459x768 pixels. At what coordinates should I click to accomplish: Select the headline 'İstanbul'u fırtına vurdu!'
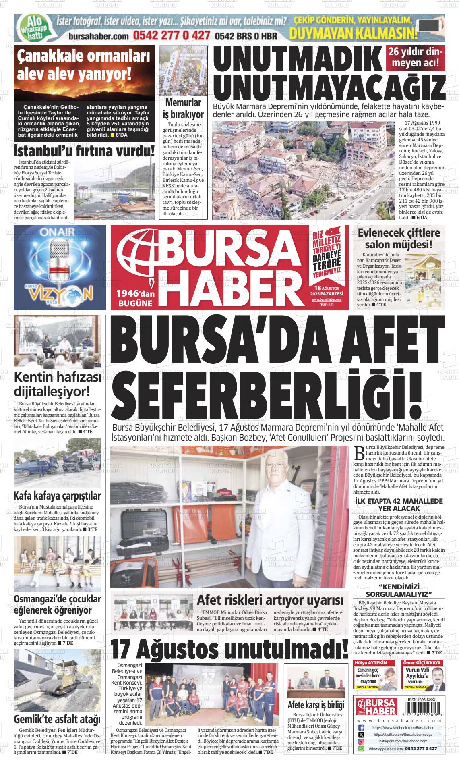pyautogui.click(x=84, y=152)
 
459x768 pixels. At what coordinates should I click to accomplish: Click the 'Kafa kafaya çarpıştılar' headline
pyautogui.click(x=57, y=496)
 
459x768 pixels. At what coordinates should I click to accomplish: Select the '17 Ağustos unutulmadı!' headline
pyautogui.click(x=229, y=649)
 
